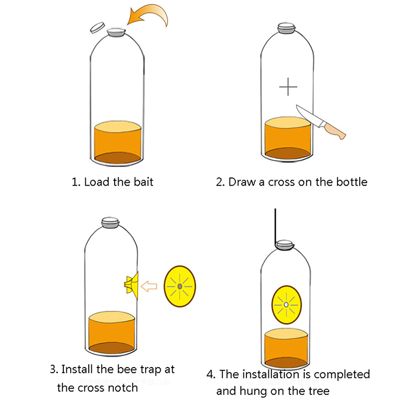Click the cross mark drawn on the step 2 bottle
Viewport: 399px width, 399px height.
point(288,87)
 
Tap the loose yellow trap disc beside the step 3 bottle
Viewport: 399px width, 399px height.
point(180,286)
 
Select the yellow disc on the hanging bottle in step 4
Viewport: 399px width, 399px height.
point(286,304)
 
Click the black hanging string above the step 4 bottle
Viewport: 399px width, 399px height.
point(275,224)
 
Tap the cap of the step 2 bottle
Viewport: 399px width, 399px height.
point(288,28)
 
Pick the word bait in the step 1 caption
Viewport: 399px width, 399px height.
point(143,181)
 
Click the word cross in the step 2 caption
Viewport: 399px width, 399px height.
point(281,182)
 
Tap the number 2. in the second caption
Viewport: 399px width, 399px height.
point(220,182)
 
